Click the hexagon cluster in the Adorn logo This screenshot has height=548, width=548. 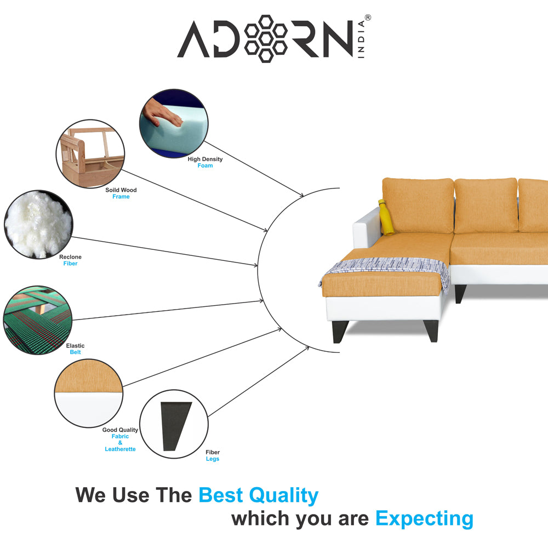click(266, 38)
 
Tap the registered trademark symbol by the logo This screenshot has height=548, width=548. click(368, 18)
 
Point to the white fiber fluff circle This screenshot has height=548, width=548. click(38, 224)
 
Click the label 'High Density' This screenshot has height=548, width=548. click(206, 159)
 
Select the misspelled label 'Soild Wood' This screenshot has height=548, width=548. click(121, 190)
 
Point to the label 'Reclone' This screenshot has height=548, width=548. click(70, 257)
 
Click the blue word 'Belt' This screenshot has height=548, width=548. click(75, 352)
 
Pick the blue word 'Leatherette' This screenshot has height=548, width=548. click(120, 449)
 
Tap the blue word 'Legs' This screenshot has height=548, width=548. click(213, 459)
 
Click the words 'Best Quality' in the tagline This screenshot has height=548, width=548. click(258, 495)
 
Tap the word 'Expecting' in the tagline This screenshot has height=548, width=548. click(424, 518)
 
